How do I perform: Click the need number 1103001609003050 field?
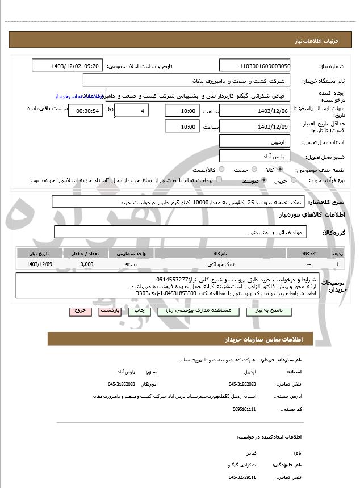[254, 66]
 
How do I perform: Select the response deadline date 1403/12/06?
[254, 111]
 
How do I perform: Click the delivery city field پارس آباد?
[254, 155]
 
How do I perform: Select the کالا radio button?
[280, 170]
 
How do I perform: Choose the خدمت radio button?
[253, 170]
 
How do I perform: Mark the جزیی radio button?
[294, 180]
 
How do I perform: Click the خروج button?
[79, 311]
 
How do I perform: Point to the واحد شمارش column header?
[132, 253]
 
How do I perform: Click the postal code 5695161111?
[245, 409]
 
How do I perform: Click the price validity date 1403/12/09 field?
[254, 127]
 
